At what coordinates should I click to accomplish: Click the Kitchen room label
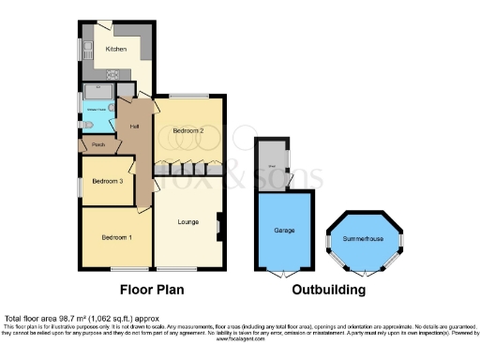pos(116,49)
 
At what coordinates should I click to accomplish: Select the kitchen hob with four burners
pos(112,75)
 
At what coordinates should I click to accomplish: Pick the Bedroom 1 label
pos(116,237)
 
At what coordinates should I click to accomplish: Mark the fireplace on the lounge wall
pos(218,225)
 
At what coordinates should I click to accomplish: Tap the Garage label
pos(284,230)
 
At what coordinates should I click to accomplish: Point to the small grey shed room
pos(272,161)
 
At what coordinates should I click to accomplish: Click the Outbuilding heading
pos(328,291)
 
